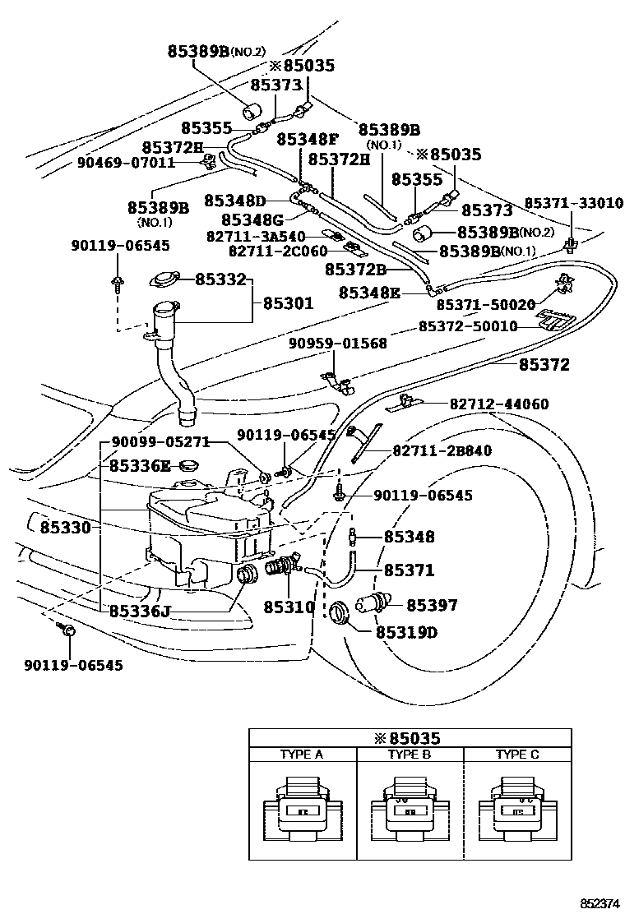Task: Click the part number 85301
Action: click(288, 303)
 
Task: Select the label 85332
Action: click(220, 280)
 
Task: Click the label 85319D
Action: click(406, 633)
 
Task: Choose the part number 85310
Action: click(289, 607)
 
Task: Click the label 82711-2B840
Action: click(442, 450)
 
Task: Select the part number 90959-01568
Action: click(337, 344)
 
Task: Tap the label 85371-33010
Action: click(574, 203)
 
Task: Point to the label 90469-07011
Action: click(127, 163)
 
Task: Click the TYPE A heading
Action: click(302, 755)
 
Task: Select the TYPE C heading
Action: click(517, 755)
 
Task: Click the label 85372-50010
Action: click(468, 326)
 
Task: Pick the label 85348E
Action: click(370, 292)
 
